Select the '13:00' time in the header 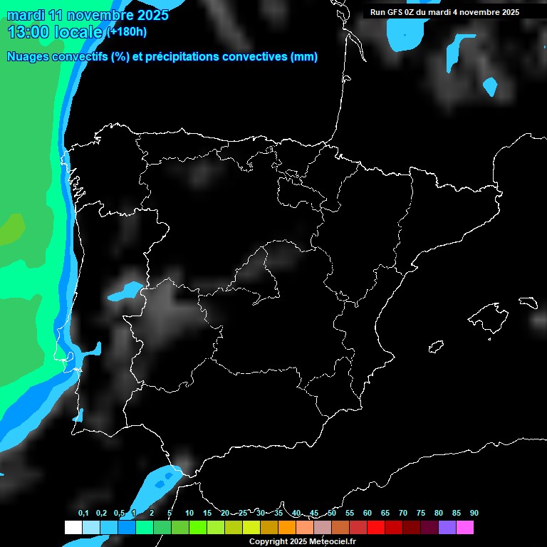pyautogui.click(x=28, y=32)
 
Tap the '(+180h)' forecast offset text pyautogui.click(x=127, y=32)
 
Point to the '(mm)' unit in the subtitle pyautogui.click(x=304, y=57)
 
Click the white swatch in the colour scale pyautogui.click(x=73, y=528)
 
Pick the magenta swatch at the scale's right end pyautogui.click(x=465, y=528)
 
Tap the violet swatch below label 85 pyautogui.click(x=447, y=528)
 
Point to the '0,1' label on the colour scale pyautogui.click(x=83, y=514)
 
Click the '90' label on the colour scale pyautogui.click(x=474, y=514)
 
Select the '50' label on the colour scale pyautogui.click(x=332, y=514)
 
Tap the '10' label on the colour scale pyautogui.click(x=189, y=514)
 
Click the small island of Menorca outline pyautogui.click(x=528, y=303)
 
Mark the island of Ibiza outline pyautogui.click(x=435, y=347)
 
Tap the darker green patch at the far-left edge pyautogui.click(x=10, y=230)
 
